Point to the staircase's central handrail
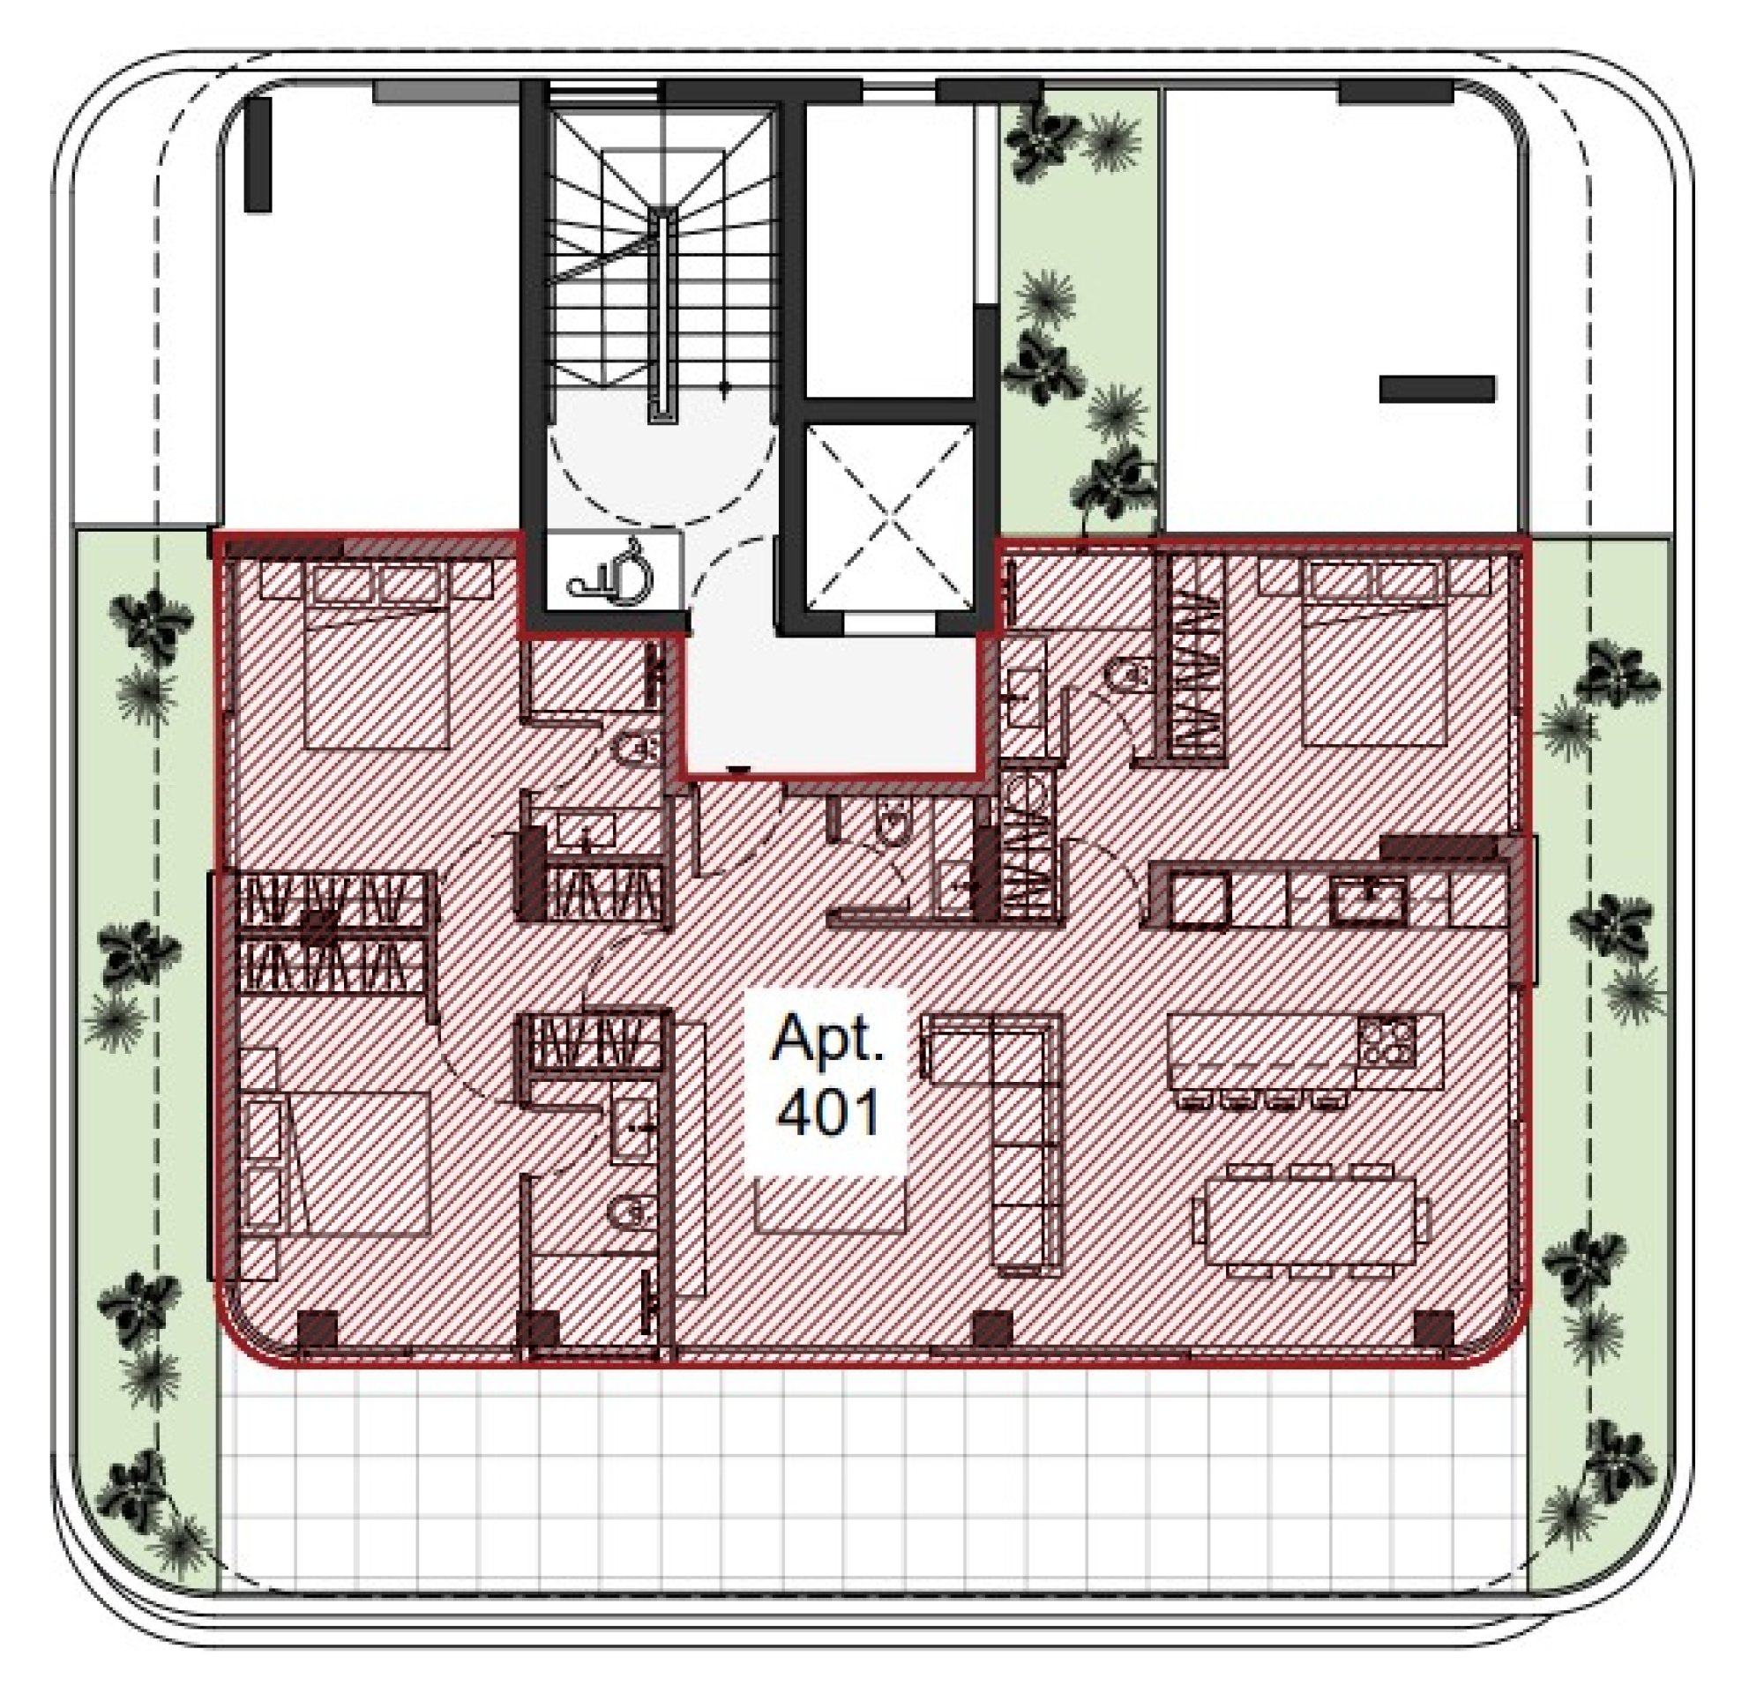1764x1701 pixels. coord(663,314)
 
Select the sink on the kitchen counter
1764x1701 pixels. coord(1368,902)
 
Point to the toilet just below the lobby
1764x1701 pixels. coord(893,824)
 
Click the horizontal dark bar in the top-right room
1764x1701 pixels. coord(1438,389)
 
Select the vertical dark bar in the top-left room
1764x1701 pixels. coord(258,155)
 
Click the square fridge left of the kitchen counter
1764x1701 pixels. coord(1200,901)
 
